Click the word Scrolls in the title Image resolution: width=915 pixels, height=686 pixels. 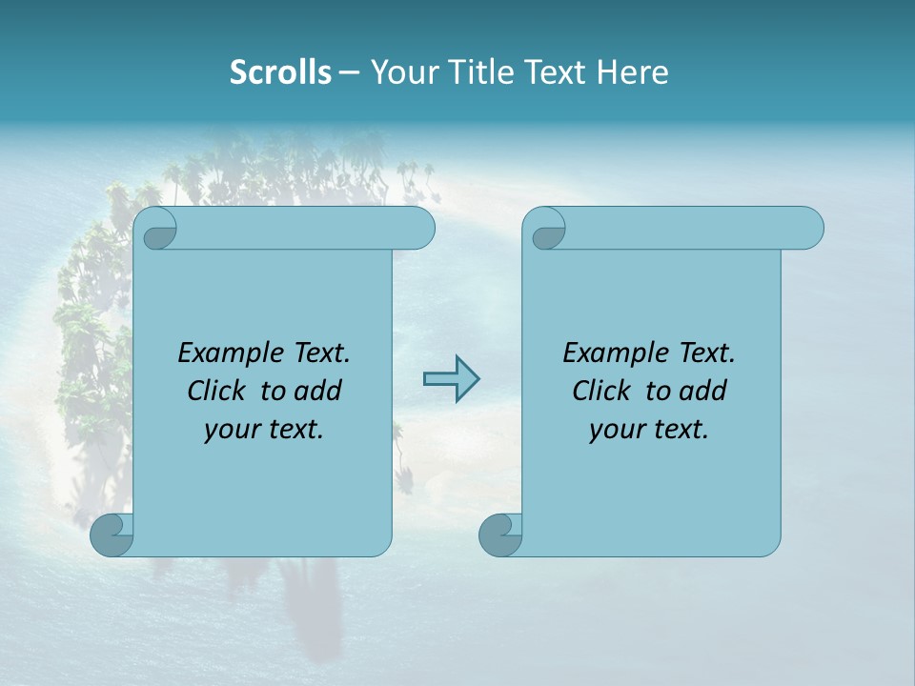pyautogui.click(x=280, y=72)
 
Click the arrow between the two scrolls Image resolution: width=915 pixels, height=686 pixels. pyautogui.click(x=451, y=379)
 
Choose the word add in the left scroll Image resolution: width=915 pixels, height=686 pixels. pyautogui.click(x=319, y=391)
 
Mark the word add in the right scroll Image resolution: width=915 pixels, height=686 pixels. pyautogui.click(x=704, y=391)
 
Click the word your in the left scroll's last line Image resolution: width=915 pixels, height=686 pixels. pyautogui.click(x=231, y=430)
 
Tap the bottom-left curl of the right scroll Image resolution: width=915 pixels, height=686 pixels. pyautogui.click(x=500, y=535)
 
